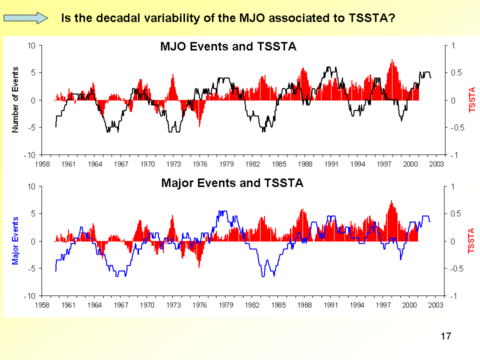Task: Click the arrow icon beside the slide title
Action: (25, 18)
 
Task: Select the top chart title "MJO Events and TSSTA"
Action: (228, 47)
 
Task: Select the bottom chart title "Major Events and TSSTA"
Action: (232, 183)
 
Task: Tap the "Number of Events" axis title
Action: (15, 99)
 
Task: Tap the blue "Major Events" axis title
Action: (15, 240)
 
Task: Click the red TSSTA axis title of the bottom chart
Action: (471, 240)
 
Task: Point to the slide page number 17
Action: (446, 336)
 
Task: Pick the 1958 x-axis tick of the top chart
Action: (42, 163)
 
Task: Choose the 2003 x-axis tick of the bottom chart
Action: (436, 304)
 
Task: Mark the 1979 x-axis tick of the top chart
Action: (226, 163)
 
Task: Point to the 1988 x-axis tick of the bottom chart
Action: (305, 304)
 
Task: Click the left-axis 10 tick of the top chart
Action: (32, 45)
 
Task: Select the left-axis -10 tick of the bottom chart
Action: (30, 296)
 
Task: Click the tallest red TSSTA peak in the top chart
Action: (392, 60)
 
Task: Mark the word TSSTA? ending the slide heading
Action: (370, 18)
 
